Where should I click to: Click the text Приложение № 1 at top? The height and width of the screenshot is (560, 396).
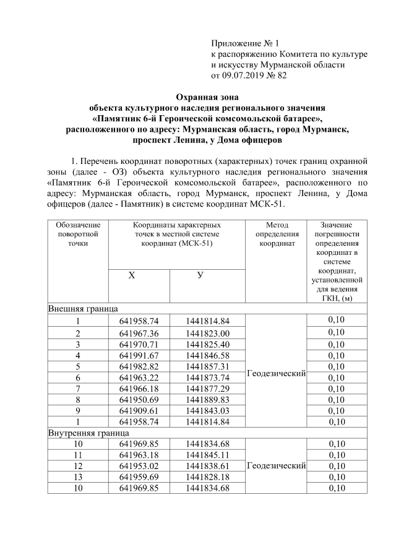[246, 43]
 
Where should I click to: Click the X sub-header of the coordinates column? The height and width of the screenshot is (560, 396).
[131, 275]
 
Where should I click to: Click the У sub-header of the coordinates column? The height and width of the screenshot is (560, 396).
[200, 275]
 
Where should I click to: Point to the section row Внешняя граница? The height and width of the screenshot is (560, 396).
[84, 308]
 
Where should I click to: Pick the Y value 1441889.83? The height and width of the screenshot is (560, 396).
[207, 399]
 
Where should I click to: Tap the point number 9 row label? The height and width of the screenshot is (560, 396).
[78, 410]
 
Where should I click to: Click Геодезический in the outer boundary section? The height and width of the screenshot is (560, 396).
[277, 373]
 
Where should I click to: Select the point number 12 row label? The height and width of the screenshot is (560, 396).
[78, 466]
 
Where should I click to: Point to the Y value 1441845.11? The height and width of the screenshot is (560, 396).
[207, 455]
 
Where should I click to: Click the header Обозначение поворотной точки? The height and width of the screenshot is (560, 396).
[78, 235]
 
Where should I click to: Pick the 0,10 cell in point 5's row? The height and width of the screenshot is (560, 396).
[337, 366]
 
